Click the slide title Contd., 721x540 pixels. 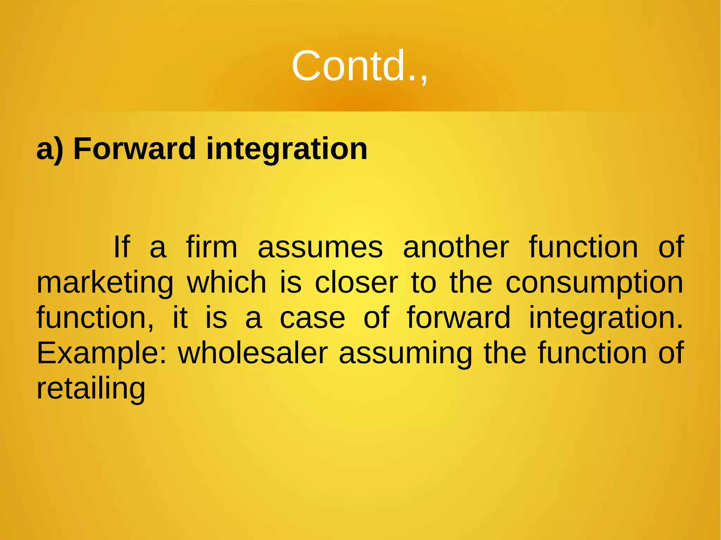pyautogui.click(x=359, y=66)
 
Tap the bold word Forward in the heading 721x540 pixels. pyautogui.click(x=134, y=149)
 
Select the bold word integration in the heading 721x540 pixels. pyautogui.click(x=287, y=150)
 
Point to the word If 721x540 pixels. pyautogui.click(x=121, y=247)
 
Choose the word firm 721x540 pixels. pyautogui.click(x=212, y=247)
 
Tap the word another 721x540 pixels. pyautogui.click(x=456, y=247)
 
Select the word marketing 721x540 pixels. pyautogui.click(x=105, y=284)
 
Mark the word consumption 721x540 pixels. pyautogui.click(x=594, y=284)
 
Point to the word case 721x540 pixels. pyautogui.click(x=312, y=318)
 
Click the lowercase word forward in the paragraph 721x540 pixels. pyautogui.click(x=458, y=318)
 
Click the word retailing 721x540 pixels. pyautogui.click(x=91, y=389)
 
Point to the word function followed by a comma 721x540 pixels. pyautogui.click(x=95, y=318)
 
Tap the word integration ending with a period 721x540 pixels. pyautogui.click(x=606, y=318)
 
